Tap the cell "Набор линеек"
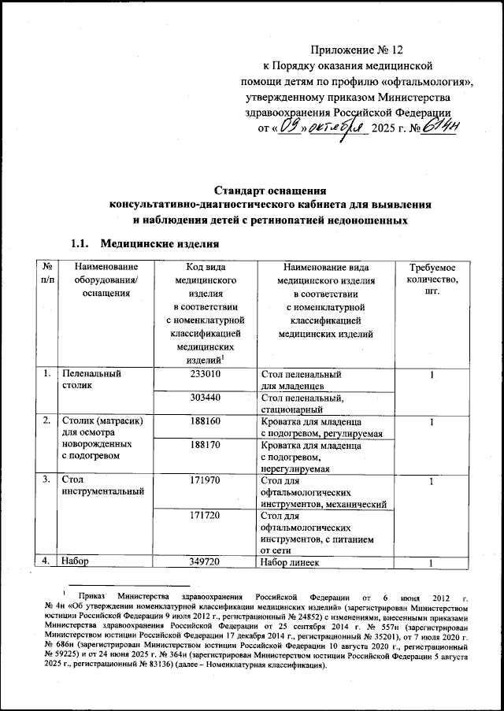tap(296, 563)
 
